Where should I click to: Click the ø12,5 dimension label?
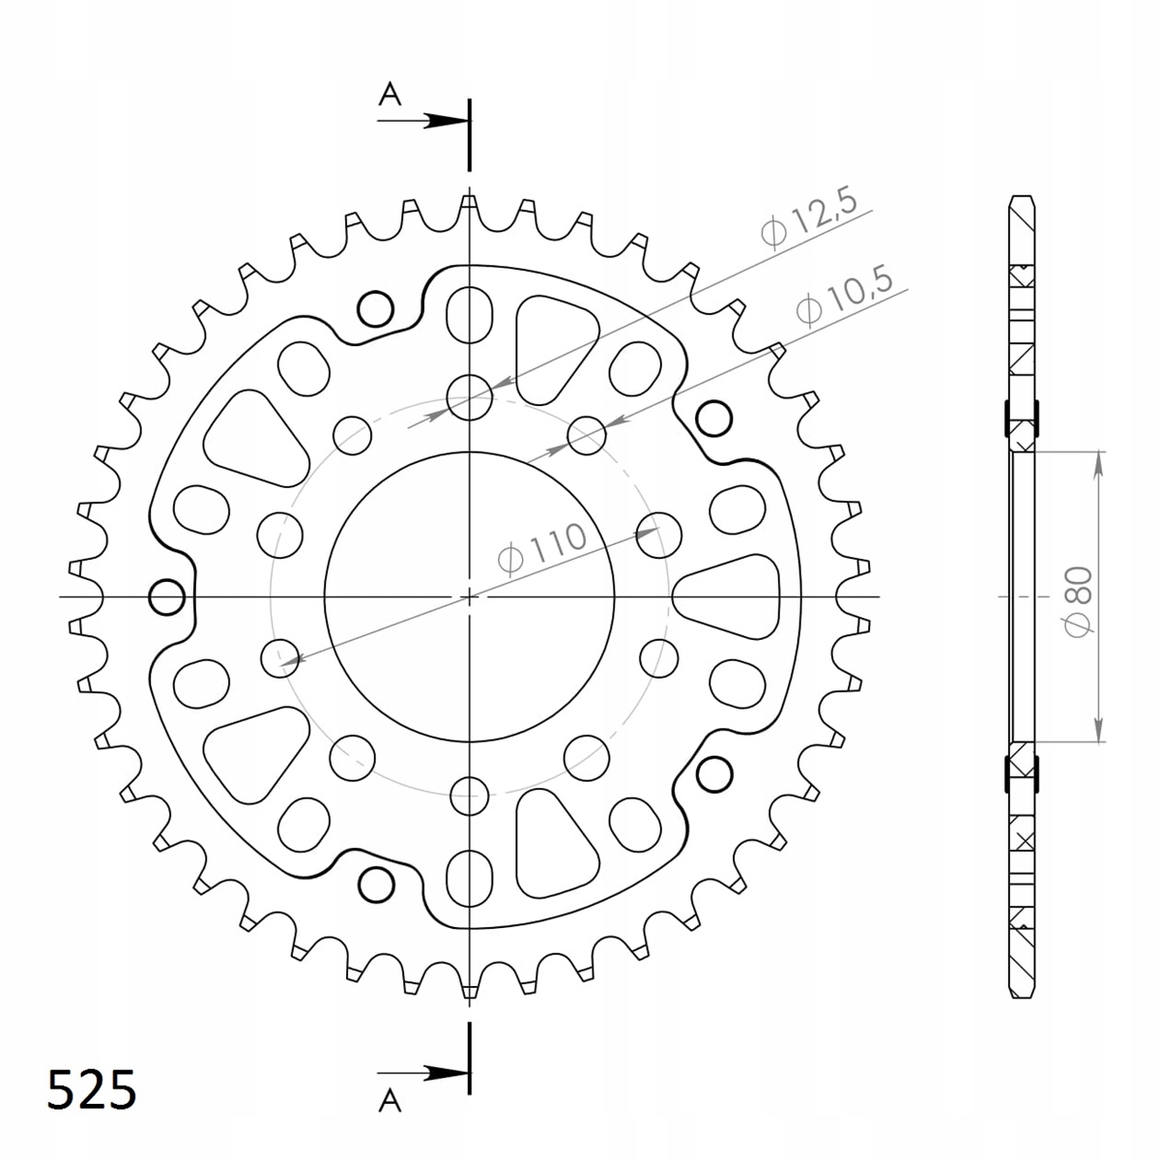[808, 218]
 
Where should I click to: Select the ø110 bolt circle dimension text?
[542, 546]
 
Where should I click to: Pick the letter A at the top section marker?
[391, 95]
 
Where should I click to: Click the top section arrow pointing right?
[423, 121]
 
